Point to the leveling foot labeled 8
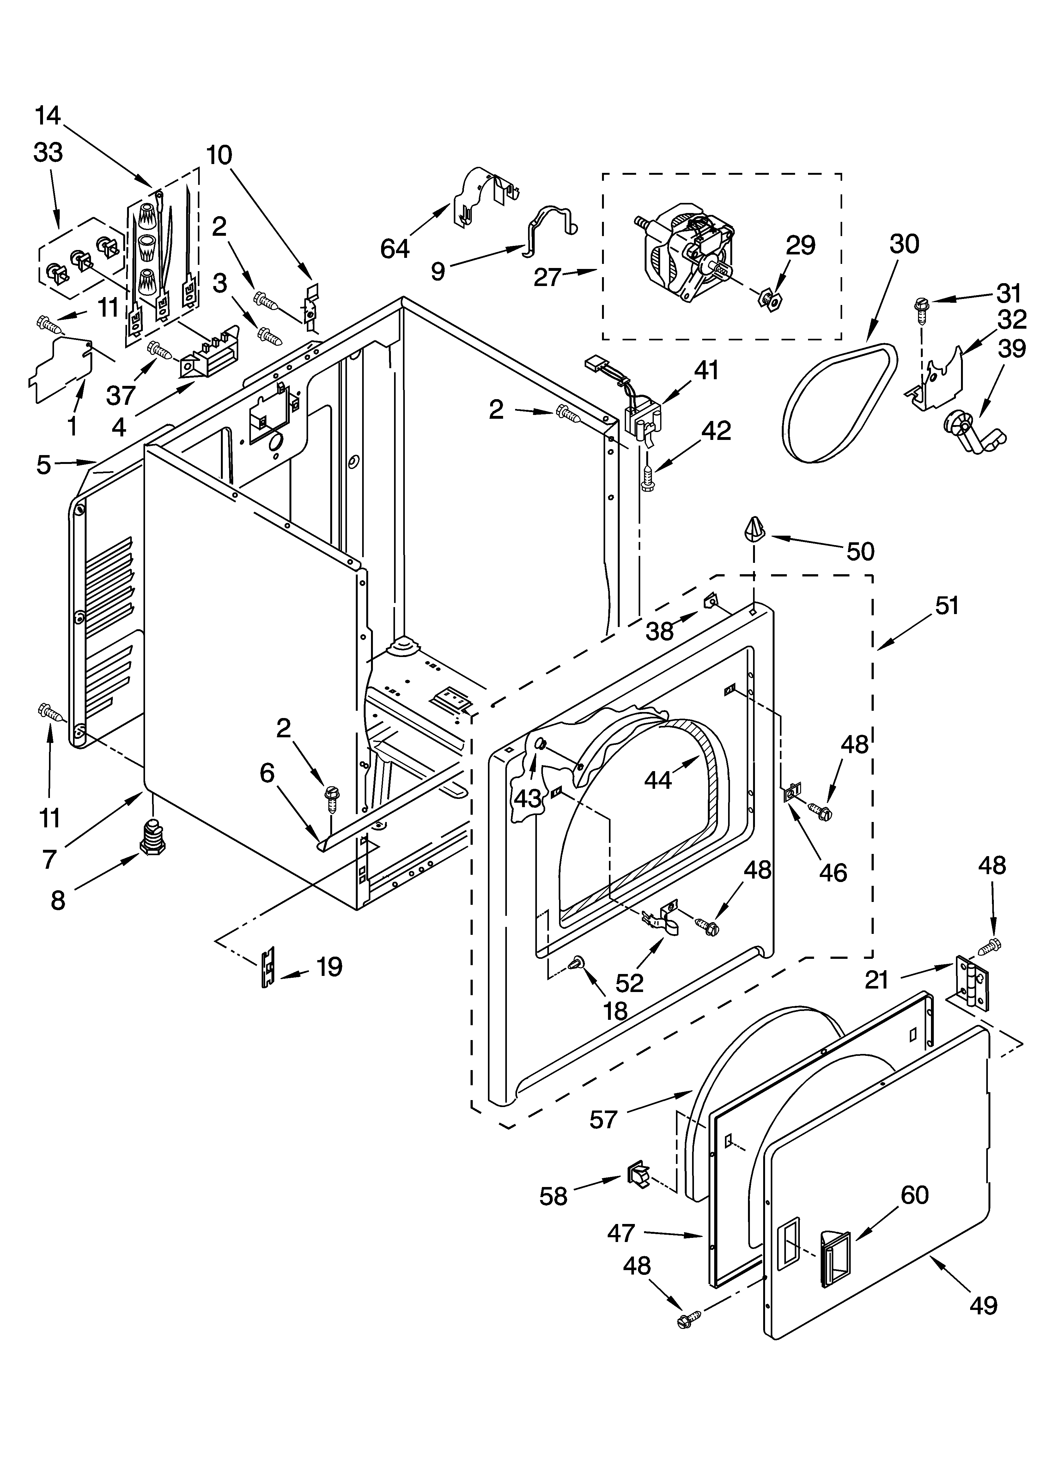tap(151, 837)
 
